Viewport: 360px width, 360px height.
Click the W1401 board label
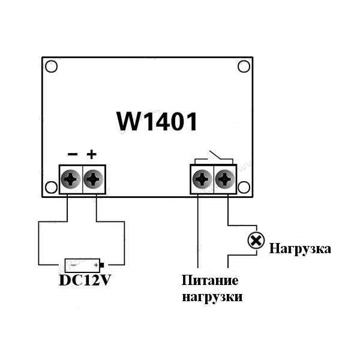[157, 122]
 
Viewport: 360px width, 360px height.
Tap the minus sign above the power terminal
[73, 155]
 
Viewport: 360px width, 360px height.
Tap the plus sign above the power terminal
[91, 154]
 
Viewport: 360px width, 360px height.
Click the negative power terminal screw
[72, 179]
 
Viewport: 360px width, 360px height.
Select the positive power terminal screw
[93, 179]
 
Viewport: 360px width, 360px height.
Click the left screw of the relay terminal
[202, 179]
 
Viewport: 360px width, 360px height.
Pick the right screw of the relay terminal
[224, 179]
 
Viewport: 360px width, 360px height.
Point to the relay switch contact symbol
[213, 156]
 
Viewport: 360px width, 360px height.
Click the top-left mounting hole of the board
[52, 67]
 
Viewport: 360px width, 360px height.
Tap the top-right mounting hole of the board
[244, 67]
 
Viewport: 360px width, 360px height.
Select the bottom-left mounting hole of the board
[51, 187]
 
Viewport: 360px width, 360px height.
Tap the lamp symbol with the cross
[256, 241]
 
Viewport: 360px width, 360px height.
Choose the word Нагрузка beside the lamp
[300, 248]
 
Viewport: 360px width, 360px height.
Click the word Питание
[210, 280]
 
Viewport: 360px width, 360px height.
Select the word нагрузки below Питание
[212, 296]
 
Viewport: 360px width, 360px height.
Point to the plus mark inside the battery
[95, 265]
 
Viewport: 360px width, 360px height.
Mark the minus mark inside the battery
[73, 265]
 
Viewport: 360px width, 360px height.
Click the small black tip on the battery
[103, 265]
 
